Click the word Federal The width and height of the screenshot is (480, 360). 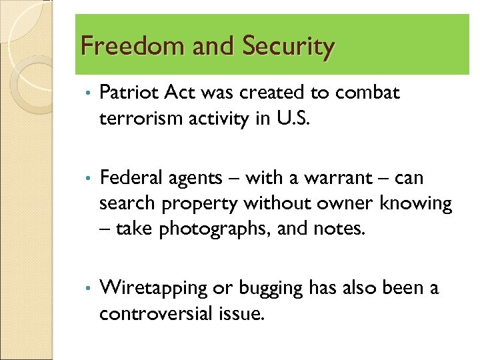tap(128, 178)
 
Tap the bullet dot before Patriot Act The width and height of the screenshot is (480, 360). tap(87, 93)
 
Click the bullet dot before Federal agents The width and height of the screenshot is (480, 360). tap(87, 179)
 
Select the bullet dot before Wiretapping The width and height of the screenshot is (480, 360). tap(87, 289)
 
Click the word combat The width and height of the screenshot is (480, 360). tap(367, 93)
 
